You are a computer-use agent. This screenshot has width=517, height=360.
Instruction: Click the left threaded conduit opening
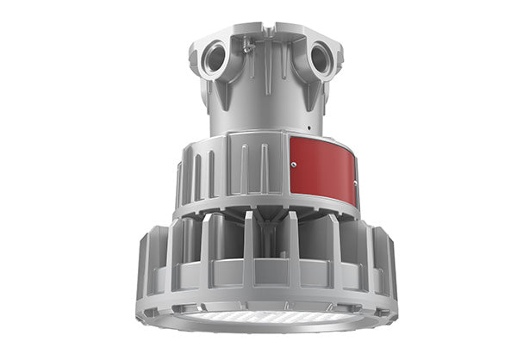[215, 59]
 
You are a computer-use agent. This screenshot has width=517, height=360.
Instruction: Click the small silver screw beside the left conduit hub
[246, 50]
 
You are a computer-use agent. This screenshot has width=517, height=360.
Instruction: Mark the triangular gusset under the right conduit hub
[314, 96]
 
